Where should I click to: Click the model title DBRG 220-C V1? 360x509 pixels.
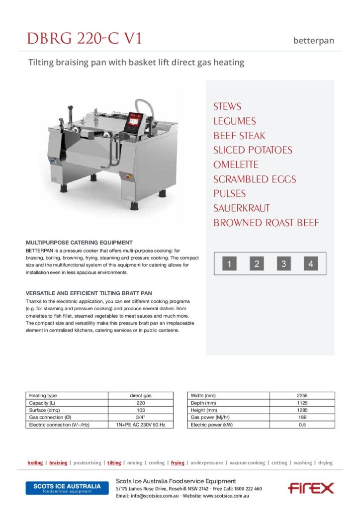pyautogui.click(x=85, y=38)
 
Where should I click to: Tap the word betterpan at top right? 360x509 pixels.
pyautogui.click(x=313, y=41)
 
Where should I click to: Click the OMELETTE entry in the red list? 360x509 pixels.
pyautogui.click(x=236, y=165)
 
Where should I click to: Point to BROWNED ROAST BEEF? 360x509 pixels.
pyautogui.click(x=267, y=223)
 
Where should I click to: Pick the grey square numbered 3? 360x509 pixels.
pyautogui.click(x=283, y=264)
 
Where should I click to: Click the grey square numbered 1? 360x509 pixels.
pyautogui.click(x=229, y=264)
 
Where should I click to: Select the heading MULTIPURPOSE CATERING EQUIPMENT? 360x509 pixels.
pyautogui.click(x=79, y=242)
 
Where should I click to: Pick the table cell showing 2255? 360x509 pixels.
pyautogui.click(x=302, y=396)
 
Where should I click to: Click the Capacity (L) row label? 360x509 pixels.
pyautogui.click(x=43, y=403)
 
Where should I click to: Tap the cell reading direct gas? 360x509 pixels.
pyautogui.click(x=141, y=396)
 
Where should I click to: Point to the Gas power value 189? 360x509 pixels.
pyautogui.click(x=302, y=418)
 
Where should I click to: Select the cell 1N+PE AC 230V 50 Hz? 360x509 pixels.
pyautogui.click(x=141, y=425)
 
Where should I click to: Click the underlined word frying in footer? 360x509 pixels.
pyautogui.click(x=178, y=463)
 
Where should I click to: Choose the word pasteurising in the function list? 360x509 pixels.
pyautogui.click(x=87, y=463)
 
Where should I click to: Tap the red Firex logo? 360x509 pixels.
pyautogui.click(x=311, y=488)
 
